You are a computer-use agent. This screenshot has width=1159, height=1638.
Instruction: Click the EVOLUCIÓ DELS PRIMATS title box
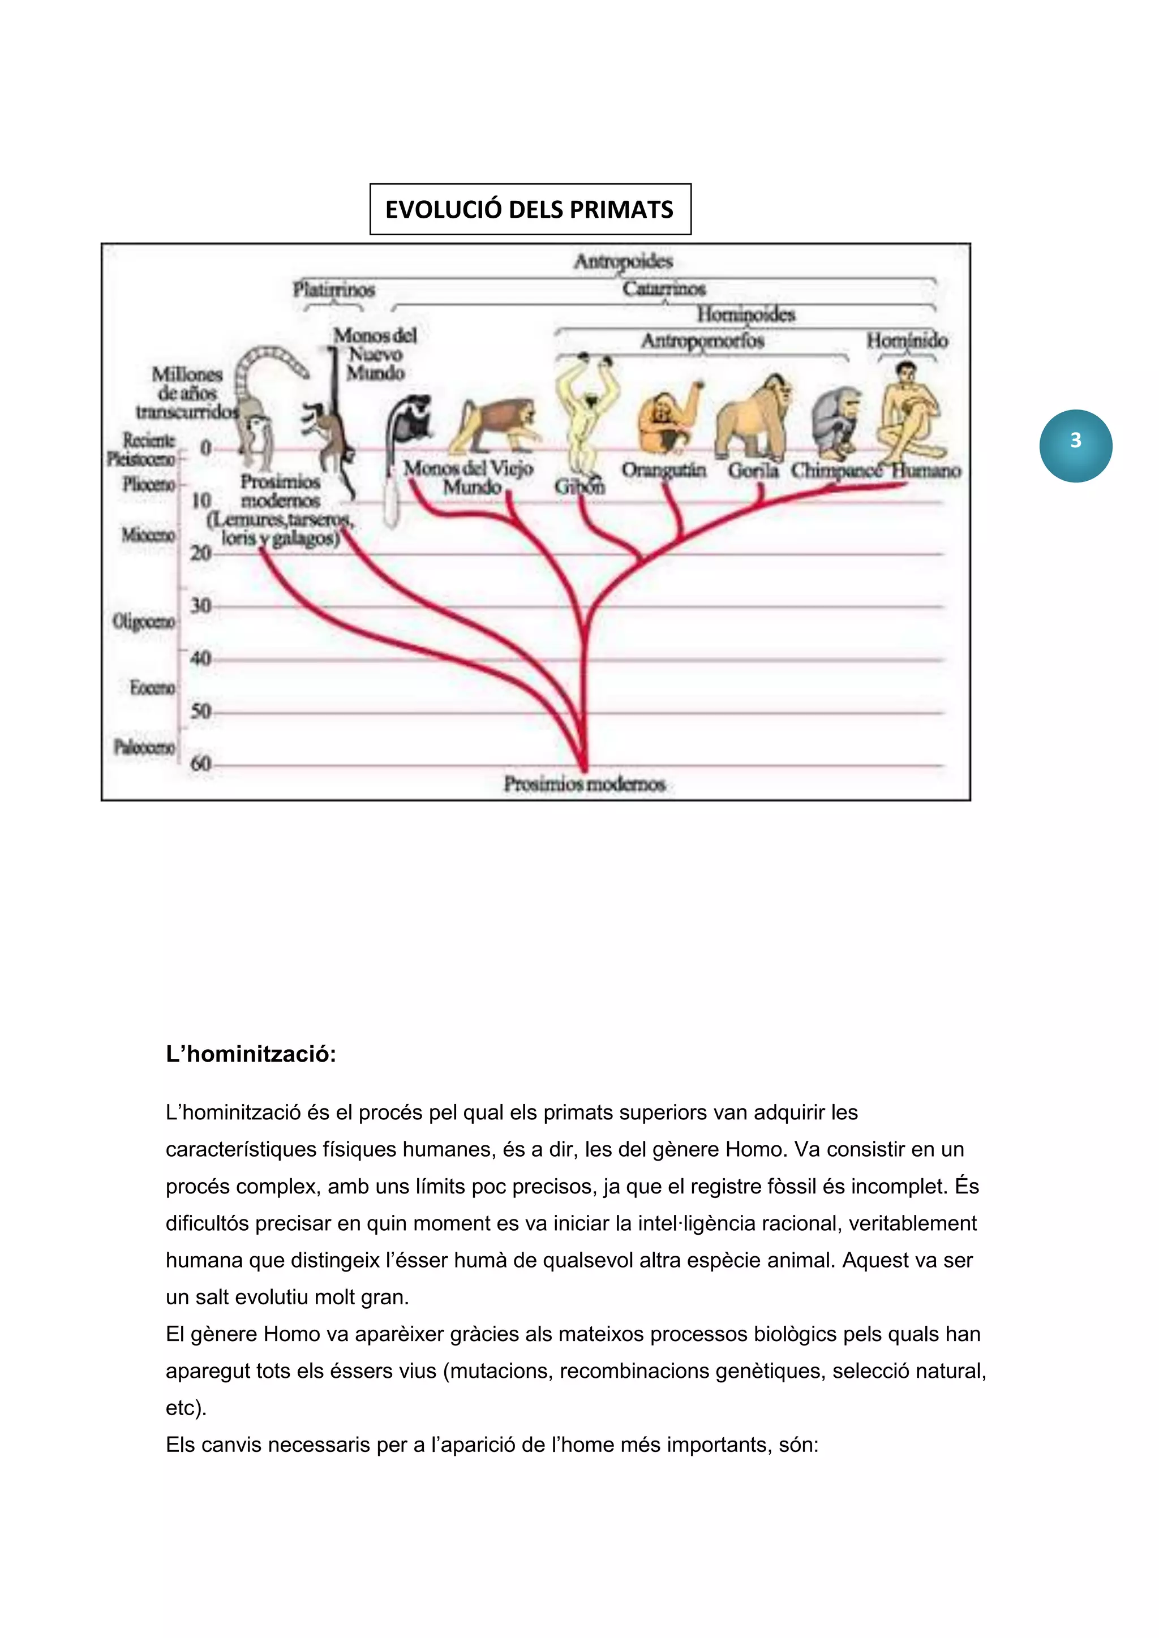point(530,209)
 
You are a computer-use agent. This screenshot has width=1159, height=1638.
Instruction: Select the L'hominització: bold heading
point(251,1054)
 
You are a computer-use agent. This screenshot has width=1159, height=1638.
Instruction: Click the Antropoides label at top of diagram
point(623,261)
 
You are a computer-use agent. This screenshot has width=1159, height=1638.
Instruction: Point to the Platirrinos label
point(333,289)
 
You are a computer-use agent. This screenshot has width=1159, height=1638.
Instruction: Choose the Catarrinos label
point(664,288)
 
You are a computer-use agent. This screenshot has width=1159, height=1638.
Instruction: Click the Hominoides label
point(746,314)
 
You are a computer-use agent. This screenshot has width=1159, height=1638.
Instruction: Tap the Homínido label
point(907,340)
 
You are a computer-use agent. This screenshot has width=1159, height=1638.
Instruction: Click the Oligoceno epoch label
point(143,622)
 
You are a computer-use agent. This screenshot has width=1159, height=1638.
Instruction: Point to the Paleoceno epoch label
point(144,747)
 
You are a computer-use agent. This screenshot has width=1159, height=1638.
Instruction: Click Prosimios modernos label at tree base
point(585,783)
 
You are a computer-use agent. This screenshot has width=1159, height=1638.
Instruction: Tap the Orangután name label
point(664,470)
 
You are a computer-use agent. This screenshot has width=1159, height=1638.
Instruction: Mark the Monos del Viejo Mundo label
point(469,477)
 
